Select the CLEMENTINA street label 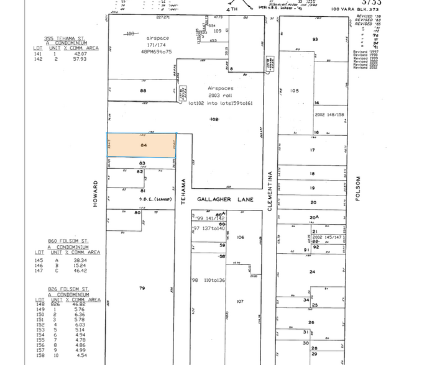tap(271, 192)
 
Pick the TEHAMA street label tap(183, 192)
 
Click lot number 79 tap(142, 287)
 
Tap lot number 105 tap(295, 91)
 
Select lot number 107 tap(241, 301)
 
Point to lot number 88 tap(143, 91)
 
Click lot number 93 tap(315, 39)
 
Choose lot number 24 tap(313, 272)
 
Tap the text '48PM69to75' tap(157, 52)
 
